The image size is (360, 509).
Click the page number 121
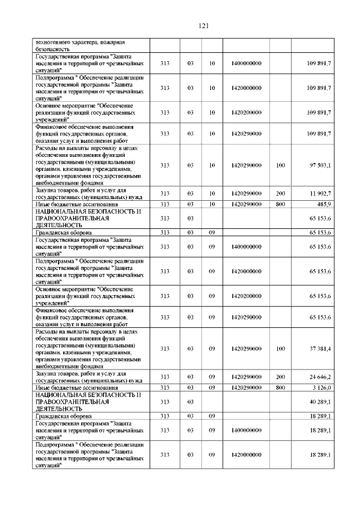pyautogui.click(x=204, y=25)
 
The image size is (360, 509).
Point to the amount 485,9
pyautogui.click(x=322, y=204)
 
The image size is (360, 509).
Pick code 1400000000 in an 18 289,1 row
pyautogui.click(x=246, y=430)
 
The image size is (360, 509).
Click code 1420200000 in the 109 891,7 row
pyautogui.click(x=246, y=112)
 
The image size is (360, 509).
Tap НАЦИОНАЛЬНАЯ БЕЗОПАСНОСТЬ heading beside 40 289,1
pyautogui.click(x=87, y=395)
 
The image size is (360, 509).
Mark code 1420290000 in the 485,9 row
pyautogui.click(x=246, y=204)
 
